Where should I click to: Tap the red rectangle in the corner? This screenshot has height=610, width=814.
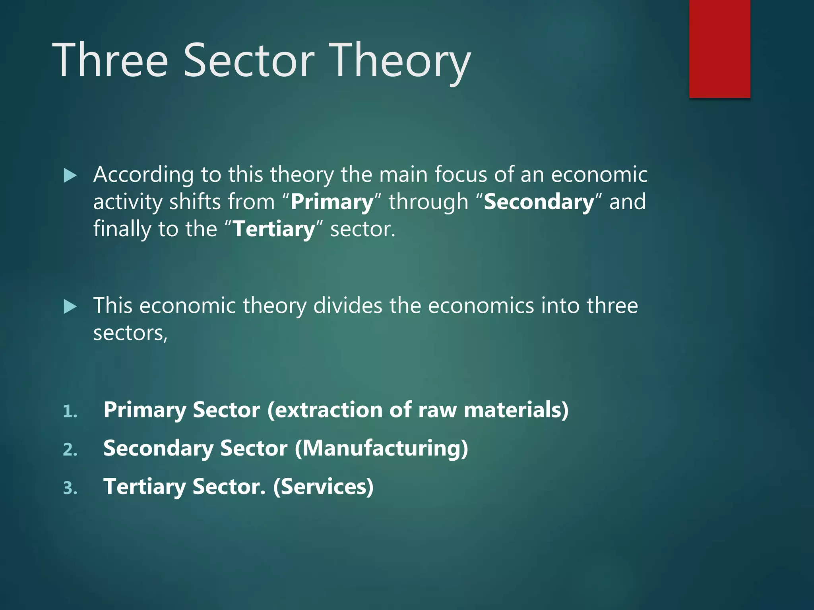pos(719,48)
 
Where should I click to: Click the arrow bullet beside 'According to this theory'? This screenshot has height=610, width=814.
pos(70,175)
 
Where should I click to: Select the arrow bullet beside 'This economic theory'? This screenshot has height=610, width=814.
pos(70,307)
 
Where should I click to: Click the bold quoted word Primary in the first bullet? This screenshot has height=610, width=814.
pos(332,203)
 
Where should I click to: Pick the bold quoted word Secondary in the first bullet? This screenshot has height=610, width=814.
pos(539,202)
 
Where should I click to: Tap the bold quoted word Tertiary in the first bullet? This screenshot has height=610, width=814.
pos(274,230)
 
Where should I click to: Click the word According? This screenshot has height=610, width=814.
pos(143,175)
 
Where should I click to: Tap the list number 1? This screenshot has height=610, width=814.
pos(70,411)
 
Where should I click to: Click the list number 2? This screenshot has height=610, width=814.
pos(70,450)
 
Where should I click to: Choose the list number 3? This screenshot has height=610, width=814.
pos(70,488)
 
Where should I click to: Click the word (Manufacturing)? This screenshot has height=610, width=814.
pos(381,449)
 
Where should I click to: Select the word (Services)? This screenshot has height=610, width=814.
pos(323,487)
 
